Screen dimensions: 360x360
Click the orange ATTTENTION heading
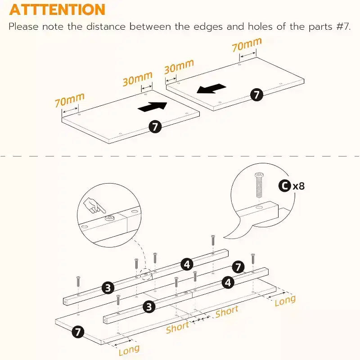57,9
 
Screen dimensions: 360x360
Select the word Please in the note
24,27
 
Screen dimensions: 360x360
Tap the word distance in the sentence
106,27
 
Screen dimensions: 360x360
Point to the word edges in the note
208,27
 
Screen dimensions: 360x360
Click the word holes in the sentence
260,27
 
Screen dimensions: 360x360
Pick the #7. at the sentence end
343,27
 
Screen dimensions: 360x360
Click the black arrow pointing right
153,107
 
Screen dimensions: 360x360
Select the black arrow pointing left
211,89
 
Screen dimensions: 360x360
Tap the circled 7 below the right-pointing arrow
155,126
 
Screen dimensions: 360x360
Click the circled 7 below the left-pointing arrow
256,94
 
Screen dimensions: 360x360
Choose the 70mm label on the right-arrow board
70,99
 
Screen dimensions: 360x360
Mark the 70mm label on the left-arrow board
247,44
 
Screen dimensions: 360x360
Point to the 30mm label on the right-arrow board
138,78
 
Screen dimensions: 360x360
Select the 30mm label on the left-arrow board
179,67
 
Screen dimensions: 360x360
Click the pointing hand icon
94,206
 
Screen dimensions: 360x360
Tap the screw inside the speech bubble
259,185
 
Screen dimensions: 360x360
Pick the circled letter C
285,186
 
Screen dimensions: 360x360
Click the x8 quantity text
299,186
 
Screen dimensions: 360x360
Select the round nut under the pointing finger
110,218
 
